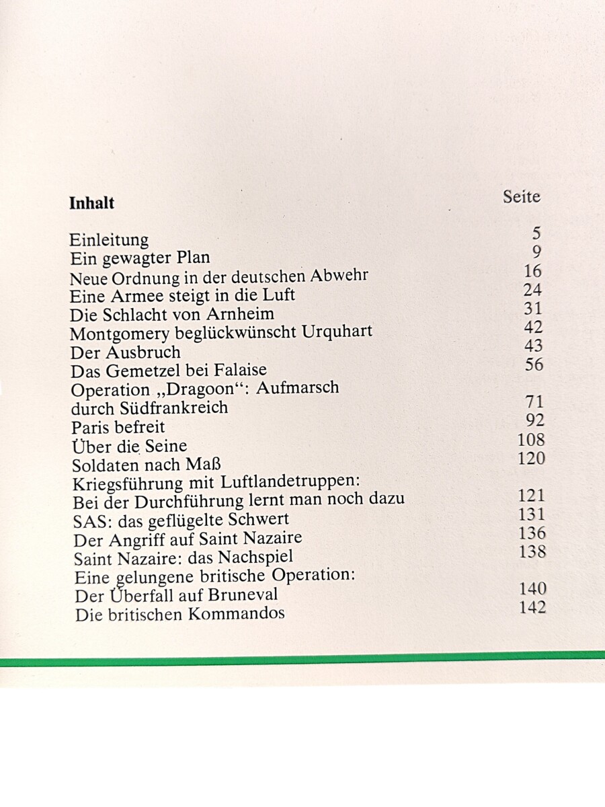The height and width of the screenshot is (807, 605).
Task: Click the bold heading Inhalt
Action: [92, 203]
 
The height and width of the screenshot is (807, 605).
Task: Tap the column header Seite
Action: [521, 196]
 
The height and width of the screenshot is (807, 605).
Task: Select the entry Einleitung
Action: [109, 240]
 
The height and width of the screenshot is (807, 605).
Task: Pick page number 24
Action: [532, 291]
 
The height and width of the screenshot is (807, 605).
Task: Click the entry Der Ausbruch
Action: [125, 352]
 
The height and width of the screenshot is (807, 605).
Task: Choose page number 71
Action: [534, 402]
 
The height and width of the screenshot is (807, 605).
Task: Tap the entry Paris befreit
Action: [118, 427]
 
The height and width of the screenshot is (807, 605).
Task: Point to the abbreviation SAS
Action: [88, 520]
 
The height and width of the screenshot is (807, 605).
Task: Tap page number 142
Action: [532, 607]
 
